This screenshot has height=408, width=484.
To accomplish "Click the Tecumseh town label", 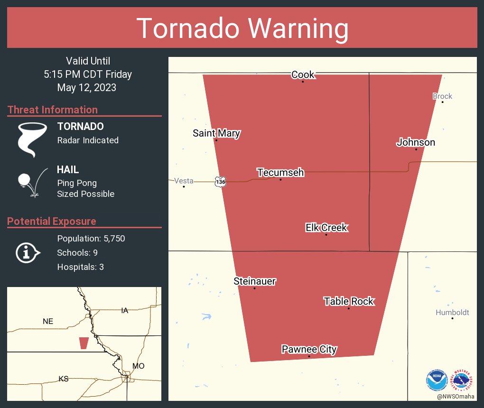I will (x=280, y=173).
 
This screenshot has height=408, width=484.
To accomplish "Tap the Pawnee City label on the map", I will (x=309, y=350).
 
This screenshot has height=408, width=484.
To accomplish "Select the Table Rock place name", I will (x=349, y=301).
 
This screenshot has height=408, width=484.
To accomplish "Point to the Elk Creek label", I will (x=326, y=228).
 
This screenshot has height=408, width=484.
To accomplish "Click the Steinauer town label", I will (x=254, y=281).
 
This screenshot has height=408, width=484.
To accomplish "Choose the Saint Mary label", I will (x=216, y=133).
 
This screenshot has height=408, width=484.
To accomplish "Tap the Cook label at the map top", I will (x=303, y=74).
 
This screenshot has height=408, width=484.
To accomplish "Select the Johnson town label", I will (x=416, y=142).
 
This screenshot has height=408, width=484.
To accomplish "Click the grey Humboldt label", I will (x=452, y=312).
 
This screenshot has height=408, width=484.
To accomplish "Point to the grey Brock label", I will (x=442, y=96).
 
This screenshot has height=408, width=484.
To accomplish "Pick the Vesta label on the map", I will (x=184, y=181).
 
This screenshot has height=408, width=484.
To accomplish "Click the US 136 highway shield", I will (x=220, y=181).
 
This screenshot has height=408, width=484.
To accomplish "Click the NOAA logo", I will (x=437, y=380).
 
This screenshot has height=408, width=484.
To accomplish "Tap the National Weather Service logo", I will (x=463, y=380).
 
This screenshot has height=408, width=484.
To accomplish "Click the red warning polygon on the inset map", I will (x=84, y=343).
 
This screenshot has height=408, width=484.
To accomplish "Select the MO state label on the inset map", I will (x=138, y=366).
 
